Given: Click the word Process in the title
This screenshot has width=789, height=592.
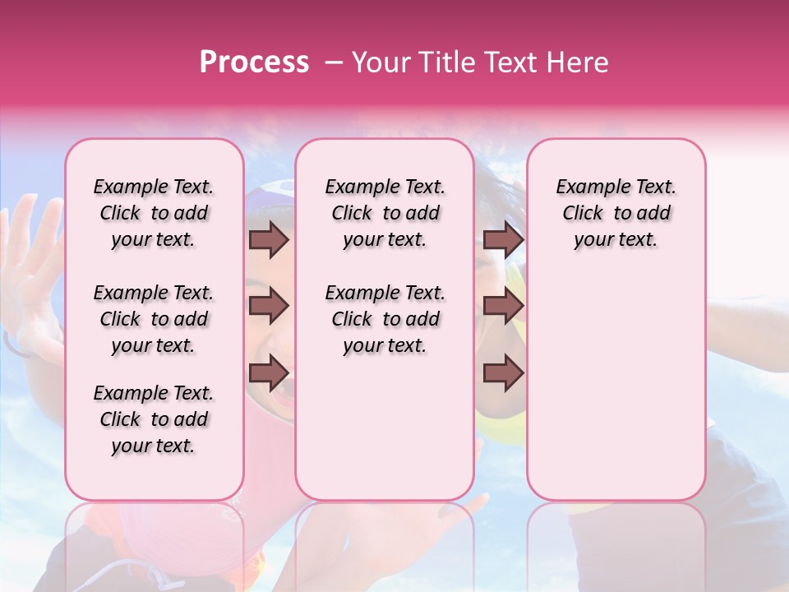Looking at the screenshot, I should click(254, 62).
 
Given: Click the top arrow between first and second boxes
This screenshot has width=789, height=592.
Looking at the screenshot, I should click(269, 240).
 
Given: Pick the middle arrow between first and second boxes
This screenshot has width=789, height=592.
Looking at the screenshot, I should click(269, 307).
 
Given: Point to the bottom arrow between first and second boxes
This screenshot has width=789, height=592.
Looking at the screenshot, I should click(269, 372).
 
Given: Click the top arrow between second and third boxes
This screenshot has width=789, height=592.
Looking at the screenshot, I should click(503, 240).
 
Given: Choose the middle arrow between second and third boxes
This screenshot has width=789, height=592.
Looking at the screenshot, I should click(503, 307).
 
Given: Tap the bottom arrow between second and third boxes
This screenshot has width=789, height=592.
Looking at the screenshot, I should click(503, 372).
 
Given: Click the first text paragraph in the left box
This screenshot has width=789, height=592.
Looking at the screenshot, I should click(154, 213).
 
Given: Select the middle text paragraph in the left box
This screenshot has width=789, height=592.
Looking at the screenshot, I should click(154, 319).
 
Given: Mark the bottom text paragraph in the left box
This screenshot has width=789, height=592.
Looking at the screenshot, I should click(154, 419).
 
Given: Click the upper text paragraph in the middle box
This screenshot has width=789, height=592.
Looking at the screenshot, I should click(385, 213).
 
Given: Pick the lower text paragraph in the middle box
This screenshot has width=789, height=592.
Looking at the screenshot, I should click(385, 319).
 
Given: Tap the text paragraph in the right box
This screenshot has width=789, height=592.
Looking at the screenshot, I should click(616, 213).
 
